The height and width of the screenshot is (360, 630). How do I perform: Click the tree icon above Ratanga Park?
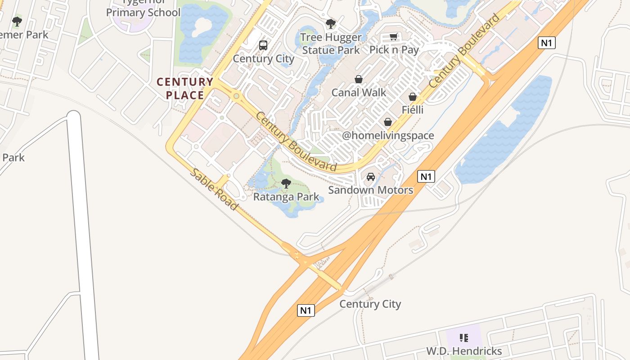coord(286,183)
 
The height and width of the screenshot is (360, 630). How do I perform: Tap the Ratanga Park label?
coord(286,197)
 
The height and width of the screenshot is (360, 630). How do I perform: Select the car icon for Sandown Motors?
coord(370,177)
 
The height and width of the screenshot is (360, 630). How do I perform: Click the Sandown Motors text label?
coord(370,190)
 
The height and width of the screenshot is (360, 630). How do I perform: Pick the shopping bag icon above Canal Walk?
coord(359,80)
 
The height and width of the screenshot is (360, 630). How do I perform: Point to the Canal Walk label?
coord(359,93)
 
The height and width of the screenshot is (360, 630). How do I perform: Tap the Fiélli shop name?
coord(413,109)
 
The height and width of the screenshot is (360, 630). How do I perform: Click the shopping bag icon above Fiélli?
coord(412,97)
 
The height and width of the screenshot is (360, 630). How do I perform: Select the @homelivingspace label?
coord(388,135)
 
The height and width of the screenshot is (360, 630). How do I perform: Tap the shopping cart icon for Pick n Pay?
coord(394,36)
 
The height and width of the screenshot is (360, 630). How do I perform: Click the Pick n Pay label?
coord(394,49)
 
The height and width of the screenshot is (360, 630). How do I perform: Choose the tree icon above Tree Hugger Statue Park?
coord(331,24)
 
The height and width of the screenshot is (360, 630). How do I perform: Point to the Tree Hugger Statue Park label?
coord(331,44)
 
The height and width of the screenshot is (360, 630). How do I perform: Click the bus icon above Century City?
coord(263,45)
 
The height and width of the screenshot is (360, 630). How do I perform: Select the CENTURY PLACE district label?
coord(185,88)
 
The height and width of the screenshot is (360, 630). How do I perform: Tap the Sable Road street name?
coord(213,189)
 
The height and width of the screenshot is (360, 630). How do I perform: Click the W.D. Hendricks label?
coord(464,351)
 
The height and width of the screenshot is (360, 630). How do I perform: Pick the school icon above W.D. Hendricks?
coord(464,337)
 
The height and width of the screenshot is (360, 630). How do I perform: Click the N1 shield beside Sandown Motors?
coord(426,176)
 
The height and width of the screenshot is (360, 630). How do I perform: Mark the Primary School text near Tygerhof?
coord(143,12)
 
